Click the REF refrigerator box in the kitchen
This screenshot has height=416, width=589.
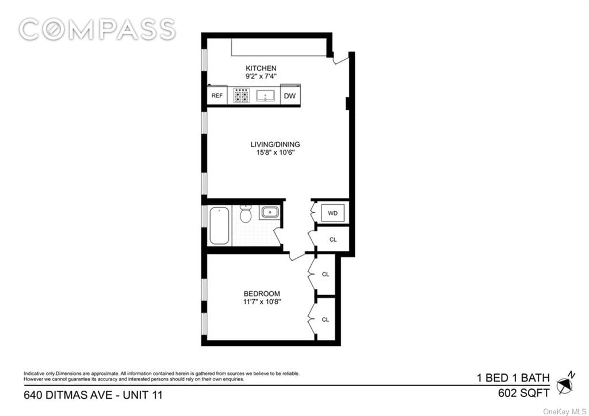[217, 96]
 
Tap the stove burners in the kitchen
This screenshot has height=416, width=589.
[241, 96]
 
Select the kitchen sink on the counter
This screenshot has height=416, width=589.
[266, 96]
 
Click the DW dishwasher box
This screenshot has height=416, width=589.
[290, 96]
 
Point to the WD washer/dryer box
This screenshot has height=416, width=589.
[333, 213]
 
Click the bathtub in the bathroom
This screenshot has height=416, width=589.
[219, 226]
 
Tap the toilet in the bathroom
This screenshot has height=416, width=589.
[246, 214]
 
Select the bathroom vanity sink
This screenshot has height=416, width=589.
[270, 212]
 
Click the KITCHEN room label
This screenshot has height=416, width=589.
[261, 68]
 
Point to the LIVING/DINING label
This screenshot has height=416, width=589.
[276, 144]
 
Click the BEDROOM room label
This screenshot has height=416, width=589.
[262, 293]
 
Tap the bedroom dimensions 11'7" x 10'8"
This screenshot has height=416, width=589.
[262, 301]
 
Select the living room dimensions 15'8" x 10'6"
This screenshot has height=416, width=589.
[276, 152]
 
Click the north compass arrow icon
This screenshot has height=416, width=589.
[565, 383]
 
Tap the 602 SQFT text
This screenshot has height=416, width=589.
[523, 393]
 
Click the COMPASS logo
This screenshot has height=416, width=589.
[97, 29]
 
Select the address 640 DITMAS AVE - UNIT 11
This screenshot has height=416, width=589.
[93, 395]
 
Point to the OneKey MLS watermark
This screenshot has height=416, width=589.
[564, 412]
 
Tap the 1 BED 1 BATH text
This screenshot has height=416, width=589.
[513, 377]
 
